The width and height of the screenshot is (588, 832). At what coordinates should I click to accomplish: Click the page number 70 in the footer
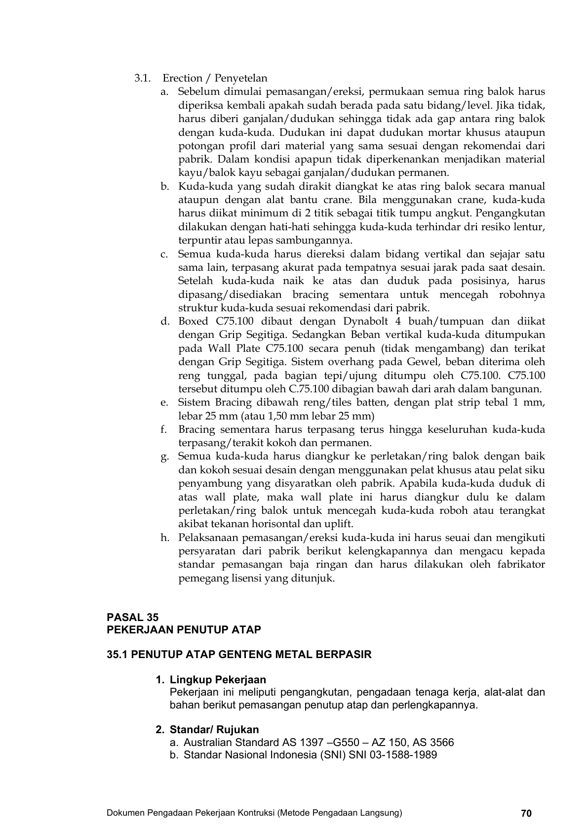coord(526,813)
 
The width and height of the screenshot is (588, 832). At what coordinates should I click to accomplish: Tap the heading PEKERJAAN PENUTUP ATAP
coord(184,629)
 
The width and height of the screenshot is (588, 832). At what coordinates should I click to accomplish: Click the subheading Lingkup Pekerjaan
coord(218,679)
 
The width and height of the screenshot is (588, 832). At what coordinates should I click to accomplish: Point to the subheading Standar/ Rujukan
coord(214,729)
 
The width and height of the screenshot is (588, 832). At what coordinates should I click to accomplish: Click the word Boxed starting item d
coord(194,321)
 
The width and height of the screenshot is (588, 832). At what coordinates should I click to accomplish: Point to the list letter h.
coord(164,538)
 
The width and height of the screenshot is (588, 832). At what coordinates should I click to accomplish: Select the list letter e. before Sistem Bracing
coord(164,402)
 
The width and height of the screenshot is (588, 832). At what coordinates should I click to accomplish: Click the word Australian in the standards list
coord(206,742)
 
